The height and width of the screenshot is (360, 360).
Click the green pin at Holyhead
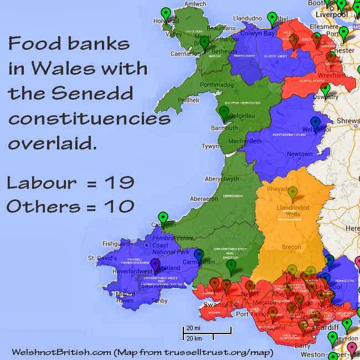click(165, 14)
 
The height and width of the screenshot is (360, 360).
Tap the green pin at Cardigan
click(163, 218)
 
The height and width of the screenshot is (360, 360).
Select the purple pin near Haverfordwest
click(156, 264)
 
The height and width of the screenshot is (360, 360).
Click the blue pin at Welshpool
click(315, 123)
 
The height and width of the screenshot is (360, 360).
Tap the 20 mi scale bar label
click(193, 328)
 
